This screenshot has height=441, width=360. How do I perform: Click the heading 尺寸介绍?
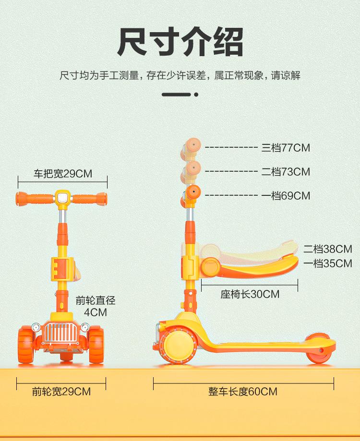(180, 43)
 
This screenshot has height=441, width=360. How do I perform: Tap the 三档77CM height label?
(286, 148)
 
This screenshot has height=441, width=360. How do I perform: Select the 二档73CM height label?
(286, 172)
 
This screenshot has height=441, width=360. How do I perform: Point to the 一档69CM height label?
(286, 196)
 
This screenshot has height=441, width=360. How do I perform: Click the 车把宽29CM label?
(62, 174)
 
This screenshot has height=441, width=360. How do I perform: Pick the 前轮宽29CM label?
(61, 392)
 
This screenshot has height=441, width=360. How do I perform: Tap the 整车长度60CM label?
(243, 392)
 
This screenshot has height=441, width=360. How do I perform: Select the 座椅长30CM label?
(250, 294)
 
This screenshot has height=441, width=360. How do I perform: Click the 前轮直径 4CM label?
(96, 307)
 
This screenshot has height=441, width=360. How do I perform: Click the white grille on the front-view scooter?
(61, 333)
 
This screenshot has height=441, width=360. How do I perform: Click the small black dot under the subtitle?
(196, 95)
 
